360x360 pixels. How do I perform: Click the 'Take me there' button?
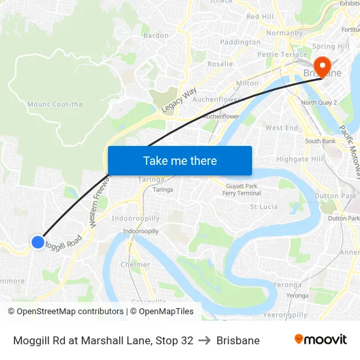click(x=179, y=160)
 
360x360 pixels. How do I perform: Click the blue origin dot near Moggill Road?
click(x=37, y=242)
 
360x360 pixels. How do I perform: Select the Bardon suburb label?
click(x=156, y=35)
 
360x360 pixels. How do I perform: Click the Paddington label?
click(x=240, y=43)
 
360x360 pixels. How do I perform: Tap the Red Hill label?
click(x=260, y=16)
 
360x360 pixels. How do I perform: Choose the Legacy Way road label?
click(x=180, y=101)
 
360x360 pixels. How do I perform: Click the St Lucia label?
click(x=264, y=207)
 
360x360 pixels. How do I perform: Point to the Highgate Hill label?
click(x=300, y=159)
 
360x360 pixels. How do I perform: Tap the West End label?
click(x=281, y=128)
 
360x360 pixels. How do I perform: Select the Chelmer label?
click(x=135, y=264)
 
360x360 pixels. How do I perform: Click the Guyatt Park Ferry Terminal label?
click(x=242, y=190)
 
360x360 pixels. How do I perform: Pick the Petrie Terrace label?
click(x=282, y=54)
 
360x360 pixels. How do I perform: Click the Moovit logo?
click(x=321, y=340)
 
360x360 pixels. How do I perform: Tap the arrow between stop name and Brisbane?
click(x=205, y=340)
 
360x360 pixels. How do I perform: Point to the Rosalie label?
click(x=220, y=64)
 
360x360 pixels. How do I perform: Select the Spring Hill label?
click(x=331, y=46)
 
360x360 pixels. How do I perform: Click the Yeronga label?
click(x=287, y=285)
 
